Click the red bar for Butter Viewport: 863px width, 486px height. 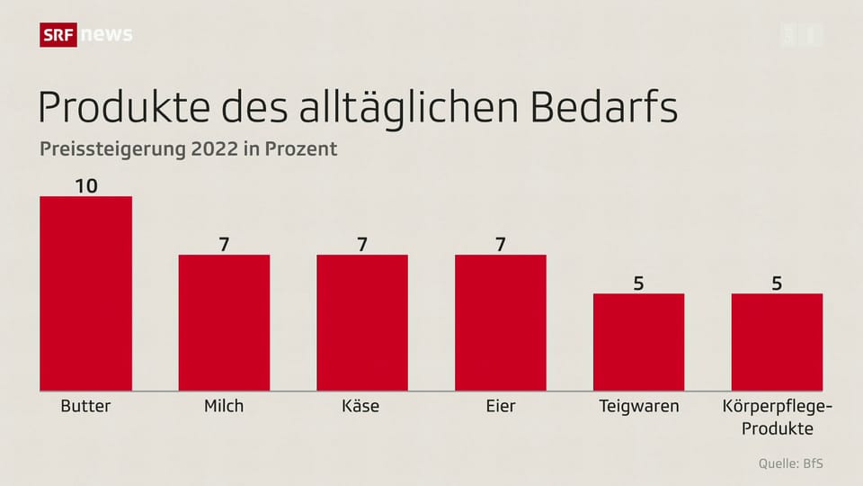pyautogui.click(x=86, y=292)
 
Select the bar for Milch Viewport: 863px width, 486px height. pyautogui.click(x=224, y=322)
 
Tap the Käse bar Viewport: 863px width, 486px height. pyautogui.click(x=362, y=322)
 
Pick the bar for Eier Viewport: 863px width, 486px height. pyautogui.click(x=501, y=322)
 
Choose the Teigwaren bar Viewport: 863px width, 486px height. pyautogui.click(x=638, y=342)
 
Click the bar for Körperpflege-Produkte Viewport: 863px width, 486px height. pyautogui.click(x=777, y=342)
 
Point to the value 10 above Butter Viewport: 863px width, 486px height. pyautogui.click(x=86, y=185)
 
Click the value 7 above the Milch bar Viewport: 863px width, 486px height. pyautogui.click(x=224, y=244)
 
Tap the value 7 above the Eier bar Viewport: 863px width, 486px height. pyautogui.click(x=501, y=244)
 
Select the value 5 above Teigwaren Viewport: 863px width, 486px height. pyautogui.click(x=638, y=283)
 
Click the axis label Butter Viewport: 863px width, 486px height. pyautogui.click(x=86, y=406)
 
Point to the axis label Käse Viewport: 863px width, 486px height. pyautogui.click(x=362, y=406)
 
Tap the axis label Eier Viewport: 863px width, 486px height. pyautogui.click(x=501, y=406)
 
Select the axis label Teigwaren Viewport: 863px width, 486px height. pyautogui.click(x=639, y=406)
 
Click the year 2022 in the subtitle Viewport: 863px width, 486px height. pyautogui.click(x=214, y=149)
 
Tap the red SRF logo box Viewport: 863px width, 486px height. pyautogui.click(x=58, y=35)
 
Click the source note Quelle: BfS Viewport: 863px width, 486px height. pyautogui.click(x=789, y=463)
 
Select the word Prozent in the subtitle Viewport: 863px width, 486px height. pyautogui.click(x=302, y=149)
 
